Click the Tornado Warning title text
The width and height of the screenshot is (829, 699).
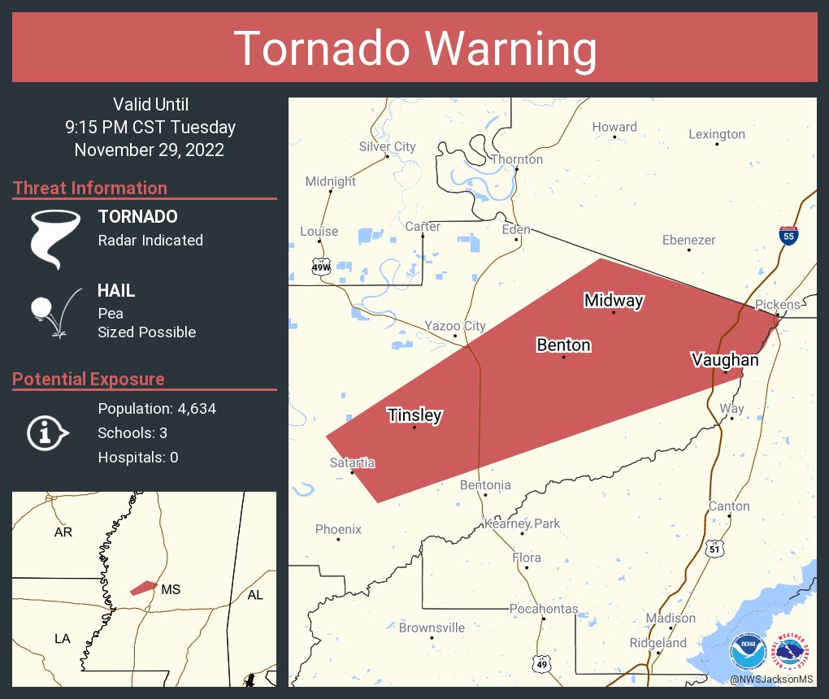pyautogui.click(x=414, y=49)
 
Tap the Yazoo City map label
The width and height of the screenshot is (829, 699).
pyautogui.click(x=454, y=326)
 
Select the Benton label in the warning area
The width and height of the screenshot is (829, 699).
pyautogui.click(x=563, y=345)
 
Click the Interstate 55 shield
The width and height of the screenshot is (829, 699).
pyautogui.click(x=788, y=236)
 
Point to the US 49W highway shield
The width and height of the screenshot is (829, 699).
pyautogui.click(x=322, y=267)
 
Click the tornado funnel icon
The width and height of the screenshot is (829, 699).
pyautogui.click(x=54, y=238)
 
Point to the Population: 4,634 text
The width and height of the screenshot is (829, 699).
pyautogui.click(x=157, y=409)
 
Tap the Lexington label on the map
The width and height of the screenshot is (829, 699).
pyautogui.click(x=716, y=134)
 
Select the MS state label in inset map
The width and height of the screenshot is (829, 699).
pyautogui.click(x=170, y=589)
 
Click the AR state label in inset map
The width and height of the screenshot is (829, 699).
pyautogui.click(x=63, y=532)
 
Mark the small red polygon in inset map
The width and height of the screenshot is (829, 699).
pyautogui.click(x=144, y=587)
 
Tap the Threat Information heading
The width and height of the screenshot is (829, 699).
pyautogui.click(x=90, y=188)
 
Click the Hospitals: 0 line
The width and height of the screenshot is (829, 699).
pyautogui.click(x=138, y=458)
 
